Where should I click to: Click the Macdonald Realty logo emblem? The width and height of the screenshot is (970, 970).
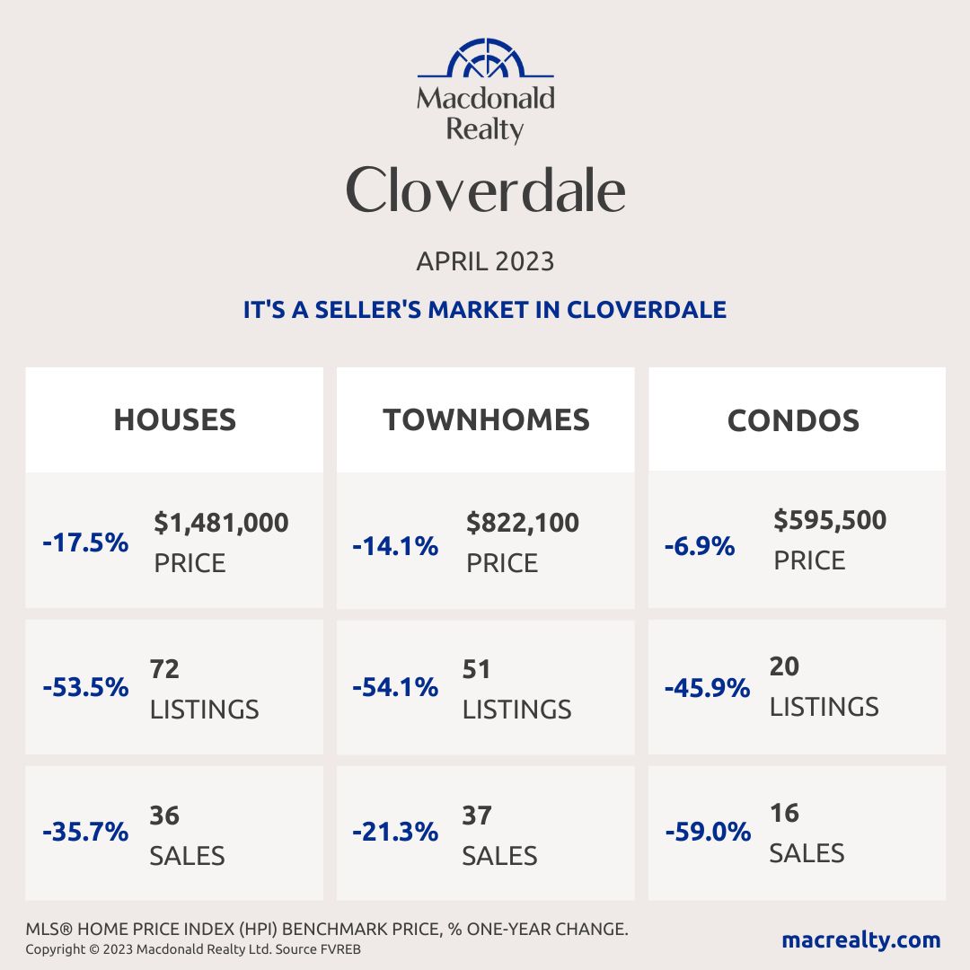point(485,59)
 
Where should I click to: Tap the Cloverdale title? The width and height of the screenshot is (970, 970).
point(485,190)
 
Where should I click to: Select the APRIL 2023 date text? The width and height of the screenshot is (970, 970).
point(485,261)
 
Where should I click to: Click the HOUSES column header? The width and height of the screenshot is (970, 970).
point(174,419)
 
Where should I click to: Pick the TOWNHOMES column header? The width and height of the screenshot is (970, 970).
point(486,419)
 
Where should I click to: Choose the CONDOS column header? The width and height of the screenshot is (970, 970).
point(793,419)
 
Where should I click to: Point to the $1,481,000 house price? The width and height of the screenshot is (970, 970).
point(221,522)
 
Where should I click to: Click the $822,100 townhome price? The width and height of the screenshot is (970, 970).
point(523,522)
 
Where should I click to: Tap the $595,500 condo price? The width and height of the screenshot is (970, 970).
point(830,520)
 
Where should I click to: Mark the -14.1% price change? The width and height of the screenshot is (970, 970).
point(395,545)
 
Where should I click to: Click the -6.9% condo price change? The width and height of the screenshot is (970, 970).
point(700,545)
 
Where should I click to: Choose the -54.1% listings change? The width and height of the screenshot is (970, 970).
point(395,688)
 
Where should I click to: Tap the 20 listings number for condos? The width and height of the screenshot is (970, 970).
point(784,666)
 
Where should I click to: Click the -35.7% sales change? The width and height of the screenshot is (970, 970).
point(85,832)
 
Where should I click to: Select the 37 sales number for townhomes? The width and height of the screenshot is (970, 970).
point(477,816)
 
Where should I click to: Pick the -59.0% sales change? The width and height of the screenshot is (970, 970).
point(708,832)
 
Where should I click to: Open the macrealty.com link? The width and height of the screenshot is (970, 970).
point(860,940)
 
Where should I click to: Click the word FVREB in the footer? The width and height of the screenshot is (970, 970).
point(342,949)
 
